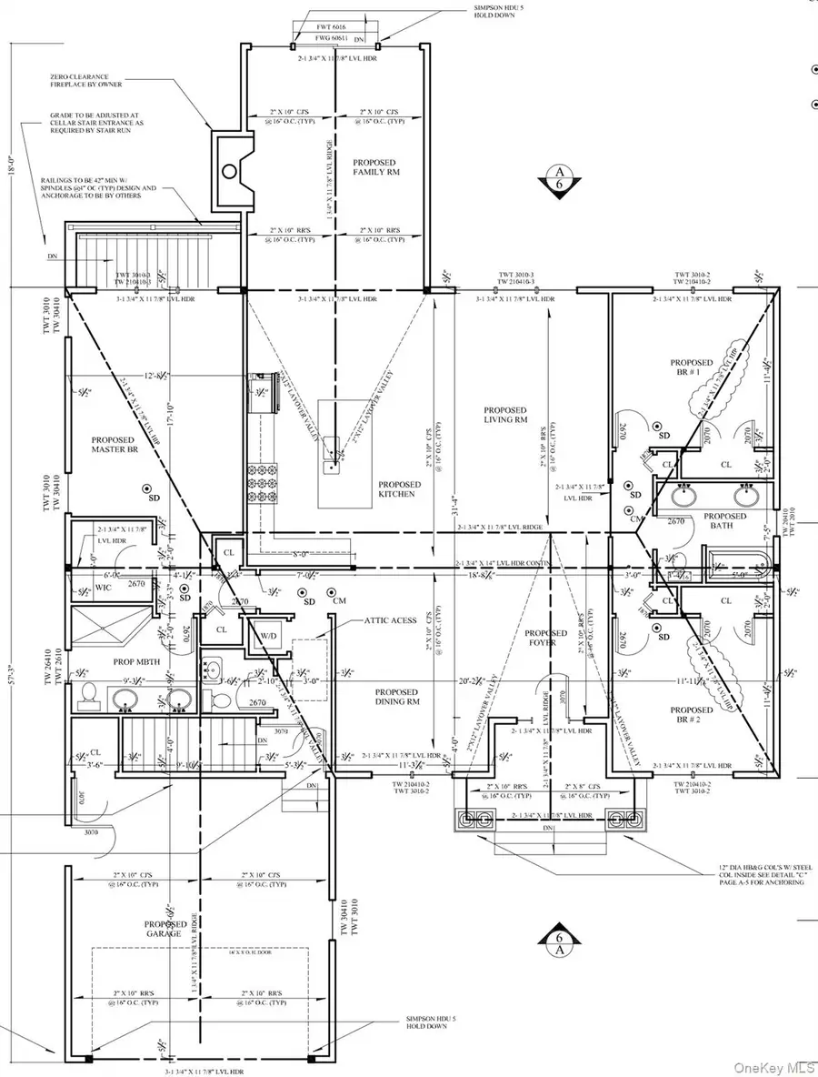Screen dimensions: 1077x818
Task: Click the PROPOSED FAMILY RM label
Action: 378,166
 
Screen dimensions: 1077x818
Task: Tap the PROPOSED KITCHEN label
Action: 399,488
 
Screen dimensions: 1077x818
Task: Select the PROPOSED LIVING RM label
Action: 505,415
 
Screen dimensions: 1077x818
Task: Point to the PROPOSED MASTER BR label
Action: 114,445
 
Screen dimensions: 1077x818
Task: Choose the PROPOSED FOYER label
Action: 546,639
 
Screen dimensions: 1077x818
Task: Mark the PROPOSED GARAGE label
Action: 165,929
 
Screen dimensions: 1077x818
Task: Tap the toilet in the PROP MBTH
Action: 89,694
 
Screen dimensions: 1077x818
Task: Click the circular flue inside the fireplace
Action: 230,170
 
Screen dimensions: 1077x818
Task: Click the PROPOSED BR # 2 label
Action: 690,716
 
